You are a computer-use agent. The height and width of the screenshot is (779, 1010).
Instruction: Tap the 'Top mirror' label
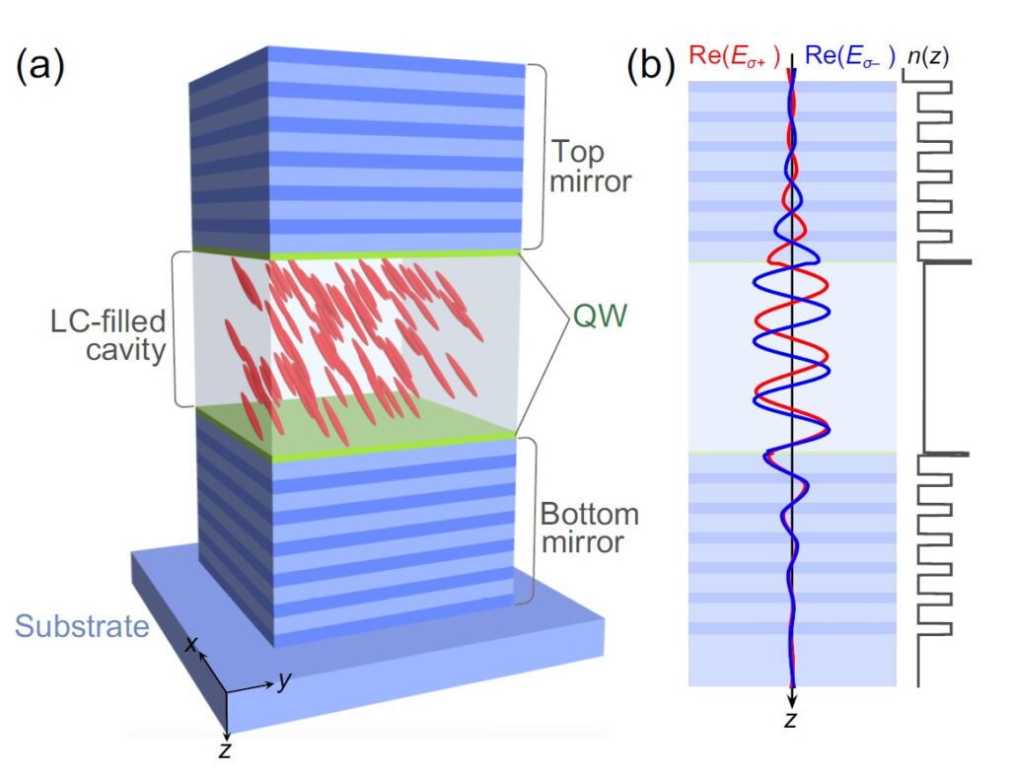point(590,167)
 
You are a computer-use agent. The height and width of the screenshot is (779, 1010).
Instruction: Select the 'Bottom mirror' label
point(589,528)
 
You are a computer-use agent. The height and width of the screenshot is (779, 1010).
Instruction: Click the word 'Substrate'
point(81,625)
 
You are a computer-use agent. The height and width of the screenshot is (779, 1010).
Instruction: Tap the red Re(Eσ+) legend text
point(734,57)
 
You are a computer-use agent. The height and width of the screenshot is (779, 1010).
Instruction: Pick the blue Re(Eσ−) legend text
point(848,57)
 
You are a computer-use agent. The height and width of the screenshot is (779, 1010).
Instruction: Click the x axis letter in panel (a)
point(193,645)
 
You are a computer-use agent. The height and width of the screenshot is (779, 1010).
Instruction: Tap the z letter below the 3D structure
point(226,751)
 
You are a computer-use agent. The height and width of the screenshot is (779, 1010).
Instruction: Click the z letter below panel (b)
point(790,720)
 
